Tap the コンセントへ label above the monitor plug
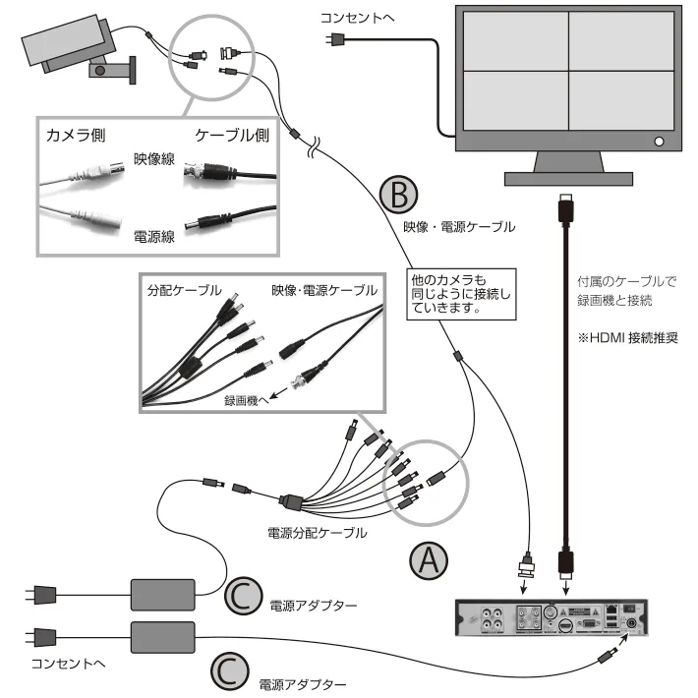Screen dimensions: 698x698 coord(356,17)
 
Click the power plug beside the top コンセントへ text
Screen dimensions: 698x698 coord(337,39)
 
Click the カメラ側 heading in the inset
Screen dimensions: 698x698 coord(76,135)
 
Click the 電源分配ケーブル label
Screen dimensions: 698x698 coord(318,532)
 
